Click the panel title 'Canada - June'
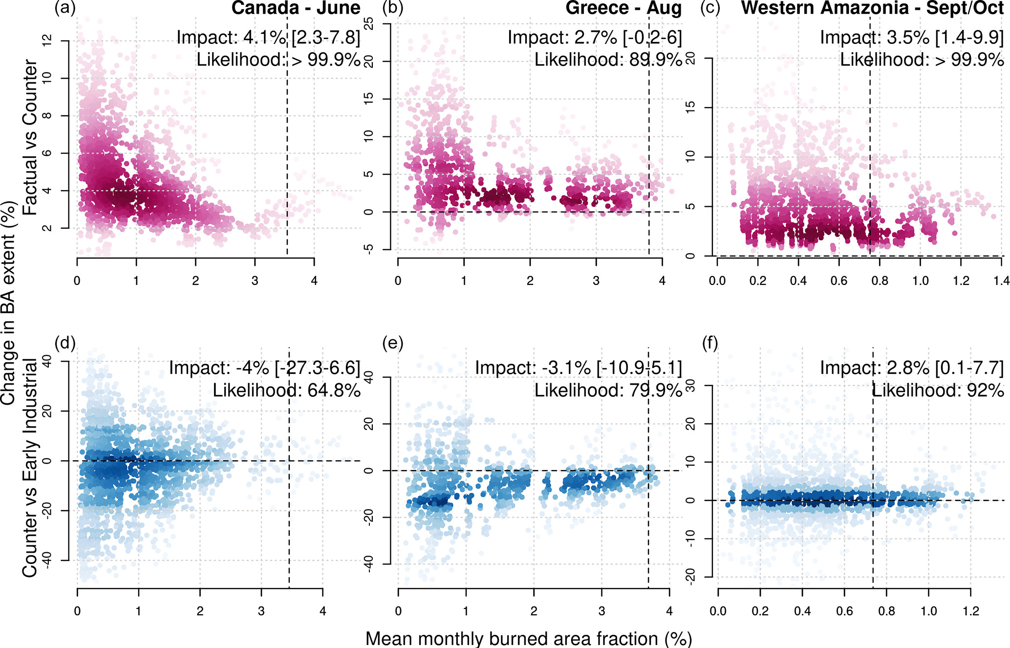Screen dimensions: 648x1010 [x=296, y=8]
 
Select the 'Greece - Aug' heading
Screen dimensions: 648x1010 [x=623, y=8]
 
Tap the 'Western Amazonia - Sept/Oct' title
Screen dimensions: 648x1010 [x=872, y=8]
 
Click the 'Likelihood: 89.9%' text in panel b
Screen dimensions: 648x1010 [x=608, y=60]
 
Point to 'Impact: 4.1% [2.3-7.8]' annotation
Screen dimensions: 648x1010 [x=268, y=37]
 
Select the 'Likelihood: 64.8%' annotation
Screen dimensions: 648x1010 [x=286, y=390]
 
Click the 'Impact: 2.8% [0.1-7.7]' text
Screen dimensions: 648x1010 [x=912, y=367]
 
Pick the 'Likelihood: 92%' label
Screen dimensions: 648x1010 [x=938, y=390]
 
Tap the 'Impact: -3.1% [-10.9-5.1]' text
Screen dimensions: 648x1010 [x=578, y=367]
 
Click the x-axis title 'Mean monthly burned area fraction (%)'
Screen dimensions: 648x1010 [x=529, y=638]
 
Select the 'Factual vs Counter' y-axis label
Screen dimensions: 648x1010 [x=30, y=138]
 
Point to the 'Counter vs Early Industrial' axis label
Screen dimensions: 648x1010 [x=30, y=468]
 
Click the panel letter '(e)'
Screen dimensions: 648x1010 [x=393, y=344]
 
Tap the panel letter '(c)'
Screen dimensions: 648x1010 [x=710, y=8]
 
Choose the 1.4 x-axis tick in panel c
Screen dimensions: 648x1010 [x=1001, y=281]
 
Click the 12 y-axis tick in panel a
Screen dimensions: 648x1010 [x=48, y=41]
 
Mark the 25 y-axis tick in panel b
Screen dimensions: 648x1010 [x=369, y=23]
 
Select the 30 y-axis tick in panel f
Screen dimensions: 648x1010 [x=690, y=386]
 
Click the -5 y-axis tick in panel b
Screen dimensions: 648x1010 [x=369, y=249]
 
